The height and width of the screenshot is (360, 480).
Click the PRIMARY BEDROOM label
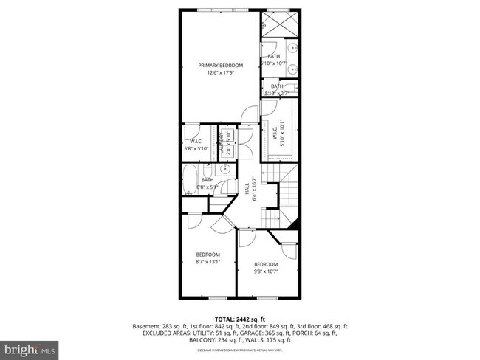pyautogui.click(x=220, y=66)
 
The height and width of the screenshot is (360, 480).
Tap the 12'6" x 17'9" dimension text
pyautogui.click(x=220, y=73)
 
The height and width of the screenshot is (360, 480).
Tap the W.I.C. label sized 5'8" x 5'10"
pyautogui.click(x=196, y=141)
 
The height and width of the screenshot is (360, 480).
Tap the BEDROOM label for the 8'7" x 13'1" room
pyautogui.click(x=208, y=255)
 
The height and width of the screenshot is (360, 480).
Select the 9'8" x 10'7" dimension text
pyautogui.click(x=266, y=271)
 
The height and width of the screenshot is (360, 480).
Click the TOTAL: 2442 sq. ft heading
pyautogui.click(x=240, y=318)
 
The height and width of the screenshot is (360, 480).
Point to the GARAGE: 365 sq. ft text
pyautogui.click(x=262, y=333)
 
